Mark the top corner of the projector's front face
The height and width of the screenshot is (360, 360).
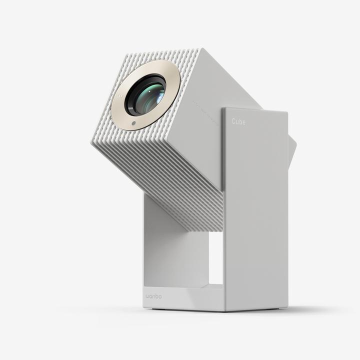pyautogui.click(x=200, y=49)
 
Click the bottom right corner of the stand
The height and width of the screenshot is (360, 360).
pyautogui.click(x=287, y=309)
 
